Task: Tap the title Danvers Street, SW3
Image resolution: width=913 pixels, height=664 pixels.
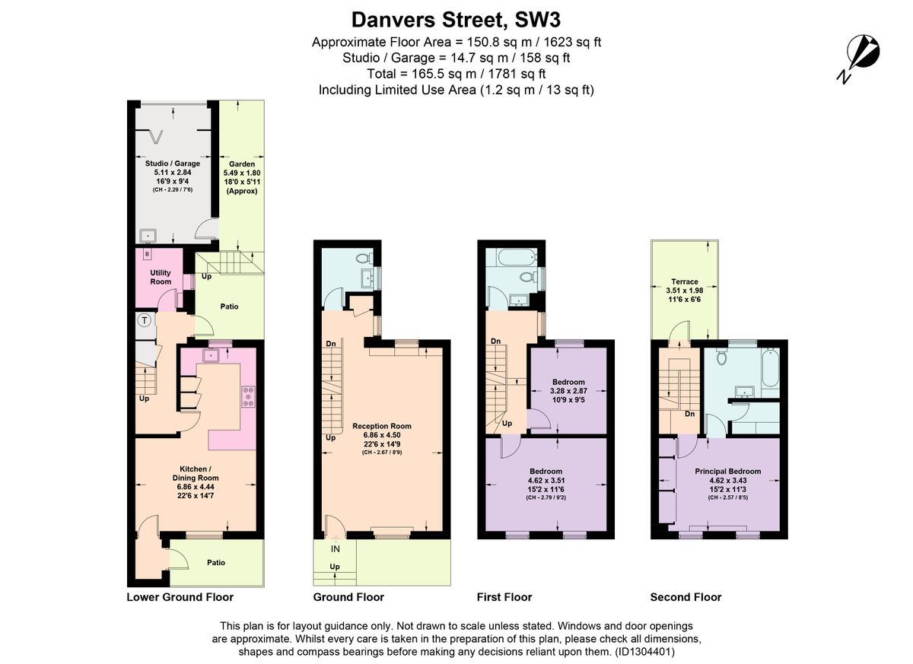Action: tap(456, 20)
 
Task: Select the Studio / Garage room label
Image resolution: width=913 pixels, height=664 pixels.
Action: tap(173, 164)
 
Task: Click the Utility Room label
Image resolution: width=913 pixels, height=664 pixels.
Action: tap(161, 277)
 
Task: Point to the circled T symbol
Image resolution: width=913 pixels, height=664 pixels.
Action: tap(145, 320)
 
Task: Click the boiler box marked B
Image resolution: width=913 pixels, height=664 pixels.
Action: tap(147, 254)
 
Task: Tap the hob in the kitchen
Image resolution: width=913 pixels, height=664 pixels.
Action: tap(249, 396)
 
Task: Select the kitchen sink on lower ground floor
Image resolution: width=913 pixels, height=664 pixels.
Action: tap(212, 356)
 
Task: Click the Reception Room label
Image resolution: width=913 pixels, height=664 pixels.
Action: tap(382, 426)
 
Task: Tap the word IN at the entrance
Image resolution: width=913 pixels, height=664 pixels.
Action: tap(335, 548)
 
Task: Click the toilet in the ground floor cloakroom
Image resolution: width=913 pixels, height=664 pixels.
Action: tap(364, 258)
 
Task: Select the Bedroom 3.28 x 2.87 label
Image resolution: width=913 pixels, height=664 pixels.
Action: tap(568, 391)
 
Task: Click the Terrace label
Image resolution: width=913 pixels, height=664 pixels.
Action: tap(685, 281)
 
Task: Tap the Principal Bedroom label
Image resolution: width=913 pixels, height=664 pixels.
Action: tap(728, 472)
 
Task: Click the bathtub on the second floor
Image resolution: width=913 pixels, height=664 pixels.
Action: tap(771, 367)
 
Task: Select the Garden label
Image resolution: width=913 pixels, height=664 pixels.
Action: tap(242, 164)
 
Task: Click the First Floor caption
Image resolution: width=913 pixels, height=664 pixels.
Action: tap(504, 597)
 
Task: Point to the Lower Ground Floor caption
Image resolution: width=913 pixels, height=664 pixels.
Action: tap(180, 597)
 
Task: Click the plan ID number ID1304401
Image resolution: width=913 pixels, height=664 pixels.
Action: tap(644, 652)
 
